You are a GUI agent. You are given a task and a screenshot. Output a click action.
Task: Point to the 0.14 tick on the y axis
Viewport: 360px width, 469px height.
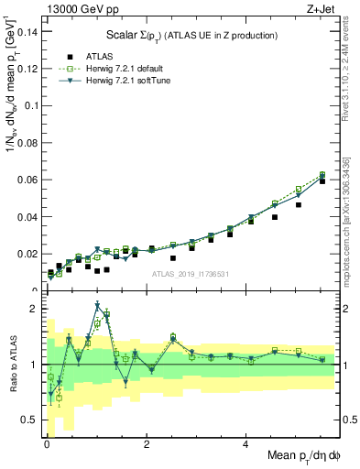27,31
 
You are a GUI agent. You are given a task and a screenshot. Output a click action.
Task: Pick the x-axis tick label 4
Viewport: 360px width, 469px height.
246,445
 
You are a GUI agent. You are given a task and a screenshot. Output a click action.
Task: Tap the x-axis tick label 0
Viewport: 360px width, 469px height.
47,445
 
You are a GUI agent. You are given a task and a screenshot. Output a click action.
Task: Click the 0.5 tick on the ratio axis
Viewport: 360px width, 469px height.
30,420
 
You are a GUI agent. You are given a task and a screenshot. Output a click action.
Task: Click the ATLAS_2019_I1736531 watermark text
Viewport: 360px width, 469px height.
191,274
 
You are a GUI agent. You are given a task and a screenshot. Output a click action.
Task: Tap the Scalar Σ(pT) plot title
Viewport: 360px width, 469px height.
183,37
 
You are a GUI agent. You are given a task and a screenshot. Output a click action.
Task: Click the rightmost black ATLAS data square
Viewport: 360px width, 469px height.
322,181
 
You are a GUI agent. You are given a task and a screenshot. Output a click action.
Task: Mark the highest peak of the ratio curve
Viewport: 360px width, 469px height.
97,306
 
